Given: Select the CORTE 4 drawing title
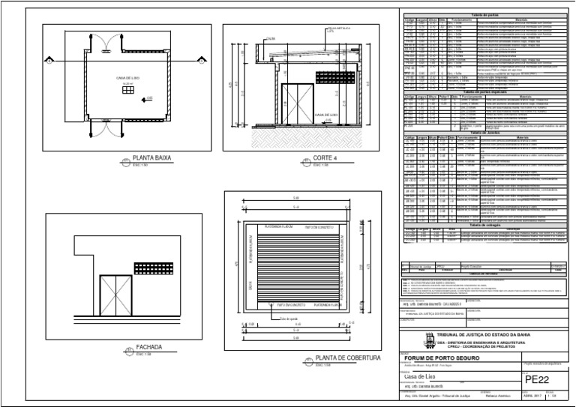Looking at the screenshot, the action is (x=324, y=159).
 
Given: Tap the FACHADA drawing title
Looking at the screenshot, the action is (x=148, y=348).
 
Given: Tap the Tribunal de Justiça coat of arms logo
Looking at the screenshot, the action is (x=430, y=339).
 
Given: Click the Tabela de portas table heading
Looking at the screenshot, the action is (x=485, y=15).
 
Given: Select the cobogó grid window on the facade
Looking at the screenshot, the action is (x=153, y=268).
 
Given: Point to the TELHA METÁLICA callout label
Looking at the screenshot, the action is (x=335, y=31).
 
